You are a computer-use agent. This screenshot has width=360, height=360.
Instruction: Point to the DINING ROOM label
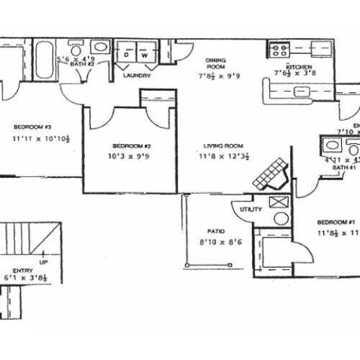pos(217,64)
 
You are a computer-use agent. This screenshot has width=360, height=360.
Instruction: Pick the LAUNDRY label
pos(136,74)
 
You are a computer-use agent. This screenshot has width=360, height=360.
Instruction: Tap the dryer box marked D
pos(127,55)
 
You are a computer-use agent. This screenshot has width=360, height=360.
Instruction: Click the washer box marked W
pos(143,55)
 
